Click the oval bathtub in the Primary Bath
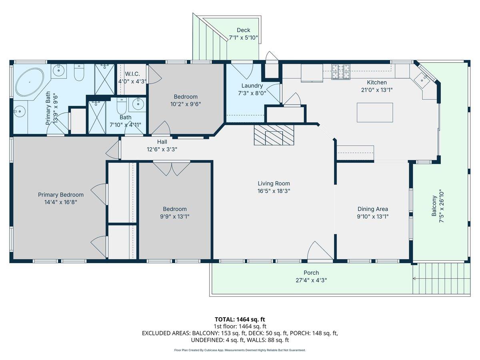pyautogui.click(x=30, y=82)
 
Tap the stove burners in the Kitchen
pyautogui.click(x=341, y=72)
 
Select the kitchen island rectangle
pyautogui.click(x=375, y=112)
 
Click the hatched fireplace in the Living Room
pyautogui.click(x=274, y=135)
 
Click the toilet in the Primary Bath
pyautogui.click(x=79, y=72)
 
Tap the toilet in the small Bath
pyautogui.click(x=122, y=106)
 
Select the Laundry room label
pyautogui.click(x=252, y=86)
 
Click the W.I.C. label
pyautogui.click(x=132, y=74)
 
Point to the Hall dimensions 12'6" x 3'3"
pyautogui.click(x=162, y=149)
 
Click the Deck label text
pyautogui.click(x=243, y=30)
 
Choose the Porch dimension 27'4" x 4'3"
pyautogui.click(x=311, y=280)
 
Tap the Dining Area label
pyautogui.click(x=373, y=209)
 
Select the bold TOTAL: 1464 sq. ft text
pyautogui.click(x=240, y=320)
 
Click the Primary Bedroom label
pyautogui.click(x=61, y=195)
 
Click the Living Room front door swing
pyautogui.click(x=320, y=250)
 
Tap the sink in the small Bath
pyautogui.click(x=137, y=105)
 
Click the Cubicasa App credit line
pyautogui.click(x=240, y=350)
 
